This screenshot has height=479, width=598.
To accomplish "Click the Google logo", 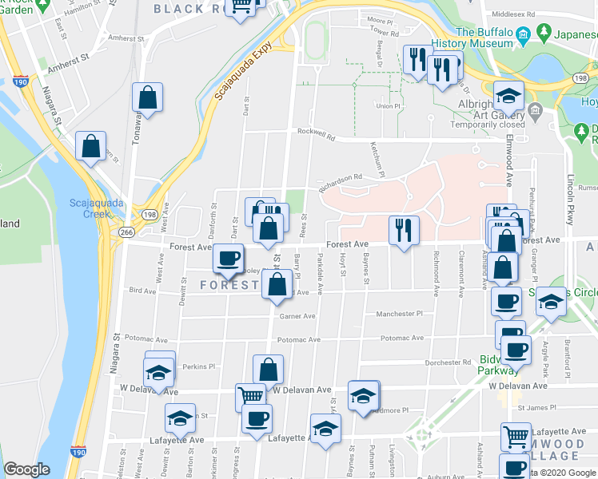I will pos(27,469).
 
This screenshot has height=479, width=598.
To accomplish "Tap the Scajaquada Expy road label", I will pos(241,70).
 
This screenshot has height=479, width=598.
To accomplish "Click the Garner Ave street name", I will pos(297,316).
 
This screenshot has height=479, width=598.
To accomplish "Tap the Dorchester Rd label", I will pos(448,362).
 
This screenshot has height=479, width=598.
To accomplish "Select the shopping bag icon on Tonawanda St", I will pos(147,98).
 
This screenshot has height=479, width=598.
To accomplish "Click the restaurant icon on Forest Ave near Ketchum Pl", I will pos(403,230).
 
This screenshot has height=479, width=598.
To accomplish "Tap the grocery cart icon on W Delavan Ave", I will pos(251,395).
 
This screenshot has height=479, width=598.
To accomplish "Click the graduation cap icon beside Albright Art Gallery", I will pos(507,97).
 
